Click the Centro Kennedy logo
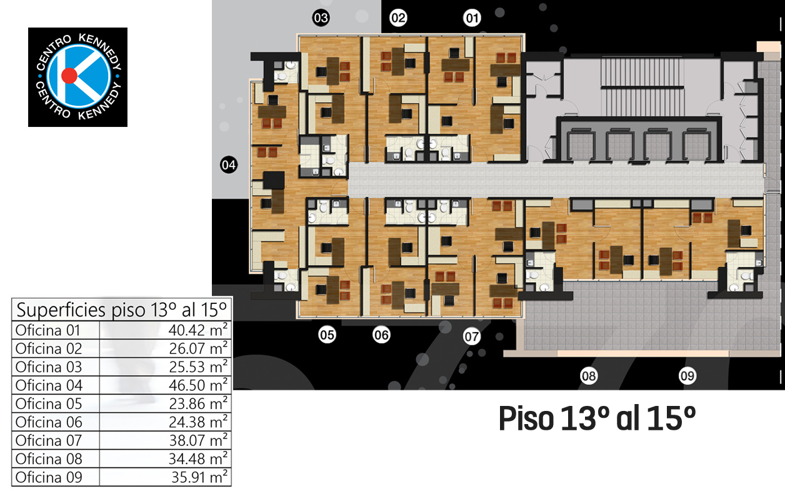tap(78, 77)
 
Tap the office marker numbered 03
tap(321, 18)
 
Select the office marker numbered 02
tap(398, 18)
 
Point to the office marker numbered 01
tap(472, 18)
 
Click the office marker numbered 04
tap(229, 165)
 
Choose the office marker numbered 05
tap(327, 335)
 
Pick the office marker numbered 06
tap(381, 335)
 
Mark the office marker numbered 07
tap(472, 337)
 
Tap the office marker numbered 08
tap(589, 376)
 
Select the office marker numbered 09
tap(687, 376)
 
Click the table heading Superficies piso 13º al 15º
tap(121, 310)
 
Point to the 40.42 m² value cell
tap(197, 330)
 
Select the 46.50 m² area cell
tap(197, 385)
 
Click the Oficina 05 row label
tap(49, 404)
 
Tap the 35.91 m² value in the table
tap(199, 477)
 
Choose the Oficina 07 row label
tap(49, 441)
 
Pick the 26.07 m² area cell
tap(197, 348)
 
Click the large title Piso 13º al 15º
tap(597, 419)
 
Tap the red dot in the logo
tap(69, 76)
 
